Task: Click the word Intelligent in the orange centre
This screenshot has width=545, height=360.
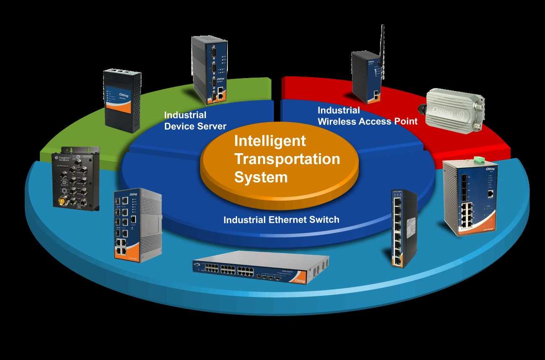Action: [x=270, y=141]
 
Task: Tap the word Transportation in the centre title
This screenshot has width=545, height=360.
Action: [x=287, y=159]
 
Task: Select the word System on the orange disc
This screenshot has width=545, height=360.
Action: [x=261, y=177]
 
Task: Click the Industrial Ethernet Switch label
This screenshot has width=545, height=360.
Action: [x=281, y=219]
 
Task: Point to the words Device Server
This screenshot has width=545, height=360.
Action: [x=195, y=126]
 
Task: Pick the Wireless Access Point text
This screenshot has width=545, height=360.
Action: [x=368, y=122]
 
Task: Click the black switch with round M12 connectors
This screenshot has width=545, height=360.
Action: [x=76, y=178]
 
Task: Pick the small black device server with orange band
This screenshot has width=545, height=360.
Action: [x=123, y=101]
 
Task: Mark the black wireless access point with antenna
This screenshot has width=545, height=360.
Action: [x=367, y=78]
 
